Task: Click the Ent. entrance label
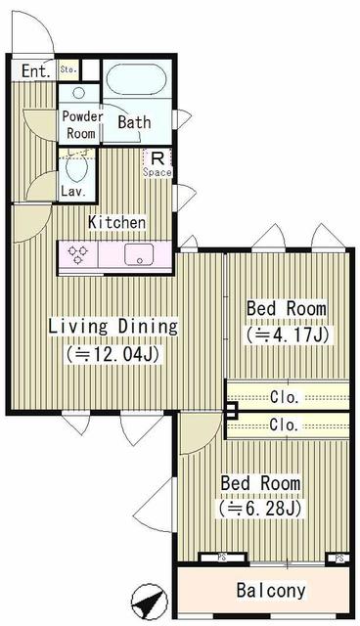point(34,70)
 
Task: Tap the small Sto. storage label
point(68,69)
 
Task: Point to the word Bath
point(134,123)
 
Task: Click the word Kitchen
point(116,222)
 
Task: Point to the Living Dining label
point(113,326)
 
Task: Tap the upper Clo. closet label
point(286,396)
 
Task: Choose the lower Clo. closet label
point(286,425)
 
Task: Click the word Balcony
point(270,591)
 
